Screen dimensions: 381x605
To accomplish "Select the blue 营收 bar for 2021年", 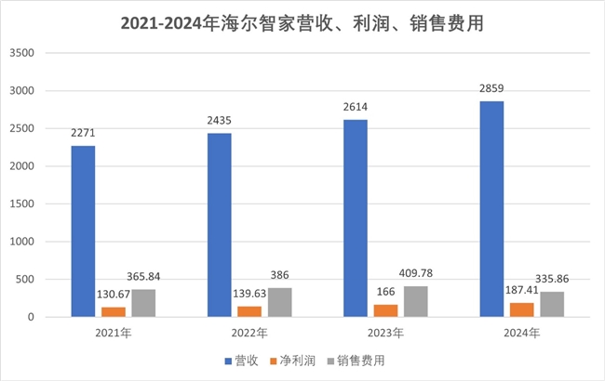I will pyautogui.click(x=83, y=231).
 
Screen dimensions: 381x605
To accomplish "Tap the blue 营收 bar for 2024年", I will pyautogui.click(x=492, y=209).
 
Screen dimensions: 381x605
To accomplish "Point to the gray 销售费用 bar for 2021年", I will pyautogui.click(x=142, y=303).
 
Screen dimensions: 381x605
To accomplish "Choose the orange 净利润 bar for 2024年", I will pyautogui.click(x=523, y=309).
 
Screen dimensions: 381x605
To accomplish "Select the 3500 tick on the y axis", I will pyautogui.click(x=20, y=54).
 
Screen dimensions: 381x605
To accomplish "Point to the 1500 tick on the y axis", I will pyautogui.click(x=20, y=204).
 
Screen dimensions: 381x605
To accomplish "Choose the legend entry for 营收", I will pyautogui.click(x=240, y=360).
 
